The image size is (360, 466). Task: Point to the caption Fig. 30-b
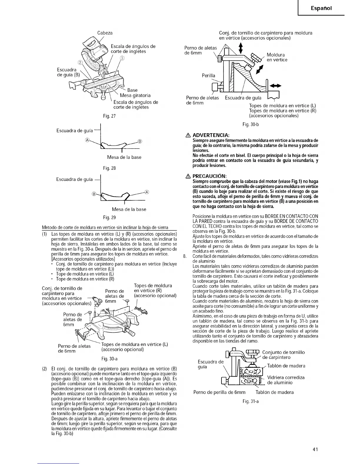click(251, 124)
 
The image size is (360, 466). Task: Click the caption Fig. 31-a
click(251, 401)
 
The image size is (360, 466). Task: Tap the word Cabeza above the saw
click(105, 33)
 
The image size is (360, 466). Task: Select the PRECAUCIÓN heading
click(209, 176)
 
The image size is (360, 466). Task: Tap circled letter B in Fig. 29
click(94, 193)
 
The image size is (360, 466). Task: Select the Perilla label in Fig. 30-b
click(208, 76)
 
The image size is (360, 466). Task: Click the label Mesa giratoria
click(135, 95)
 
